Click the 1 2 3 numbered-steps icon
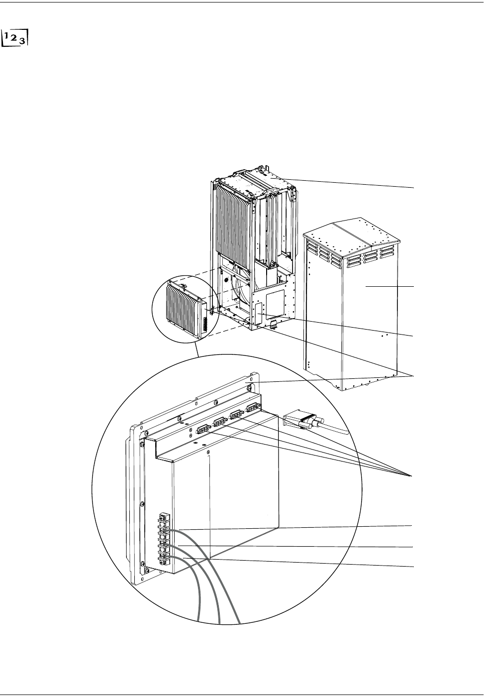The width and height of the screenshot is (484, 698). (x=15, y=36)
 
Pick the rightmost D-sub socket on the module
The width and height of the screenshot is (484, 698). (x=254, y=407)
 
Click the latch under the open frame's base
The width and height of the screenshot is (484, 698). (x=274, y=326)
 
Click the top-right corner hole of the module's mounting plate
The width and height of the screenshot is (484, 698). (x=248, y=385)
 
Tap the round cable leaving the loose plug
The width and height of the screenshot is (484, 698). (x=328, y=427)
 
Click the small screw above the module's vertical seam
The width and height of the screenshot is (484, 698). (x=209, y=453)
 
